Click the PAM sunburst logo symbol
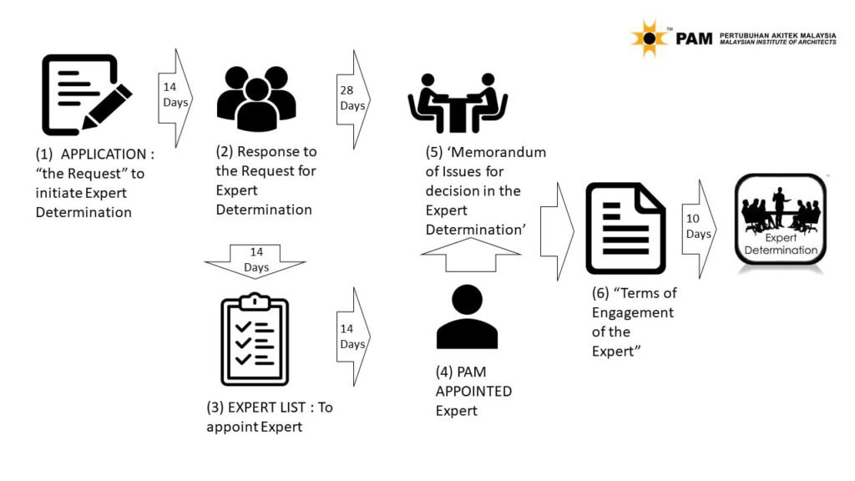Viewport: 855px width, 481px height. pos(649,38)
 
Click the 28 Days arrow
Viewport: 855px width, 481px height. pos(354,99)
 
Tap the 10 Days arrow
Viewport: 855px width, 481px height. pos(699,229)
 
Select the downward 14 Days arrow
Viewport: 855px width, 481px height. pos(255,261)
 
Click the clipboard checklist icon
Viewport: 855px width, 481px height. pos(255,339)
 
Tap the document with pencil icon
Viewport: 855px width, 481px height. pos(87,94)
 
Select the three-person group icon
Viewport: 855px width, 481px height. pos(256,99)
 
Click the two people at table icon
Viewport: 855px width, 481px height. pos(458,103)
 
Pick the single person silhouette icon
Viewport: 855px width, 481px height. pos(467,317)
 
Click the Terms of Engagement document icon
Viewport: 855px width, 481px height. pos(625,229)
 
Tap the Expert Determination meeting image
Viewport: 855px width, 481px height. pos(781,220)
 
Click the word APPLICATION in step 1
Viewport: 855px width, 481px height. pos(104,154)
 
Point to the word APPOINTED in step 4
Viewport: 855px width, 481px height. pos(473,392)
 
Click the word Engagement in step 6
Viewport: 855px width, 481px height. pos(633,313)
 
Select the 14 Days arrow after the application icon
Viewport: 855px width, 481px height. pos(175,99)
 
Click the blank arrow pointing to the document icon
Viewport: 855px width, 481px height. pos(557,232)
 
